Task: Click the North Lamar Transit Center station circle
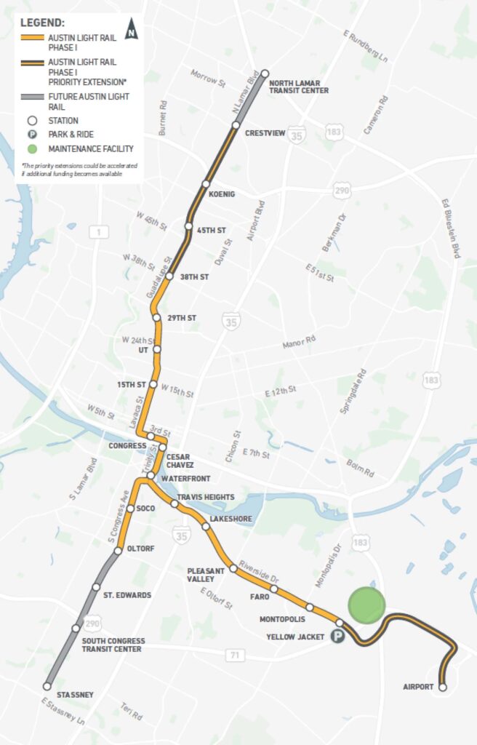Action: click(265, 73)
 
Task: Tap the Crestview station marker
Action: click(236, 125)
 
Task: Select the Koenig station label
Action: click(222, 194)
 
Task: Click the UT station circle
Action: click(157, 350)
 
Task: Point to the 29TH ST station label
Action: click(182, 318)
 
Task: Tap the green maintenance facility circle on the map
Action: click(366, 605)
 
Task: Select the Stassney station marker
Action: click(47, 686)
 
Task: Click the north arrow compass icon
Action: click(131, 30)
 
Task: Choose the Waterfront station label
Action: click(185, 479)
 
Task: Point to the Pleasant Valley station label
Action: click(201, 575)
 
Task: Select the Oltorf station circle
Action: click(118, 552)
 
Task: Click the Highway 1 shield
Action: click(97, 232)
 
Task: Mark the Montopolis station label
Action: click(282, 619)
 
